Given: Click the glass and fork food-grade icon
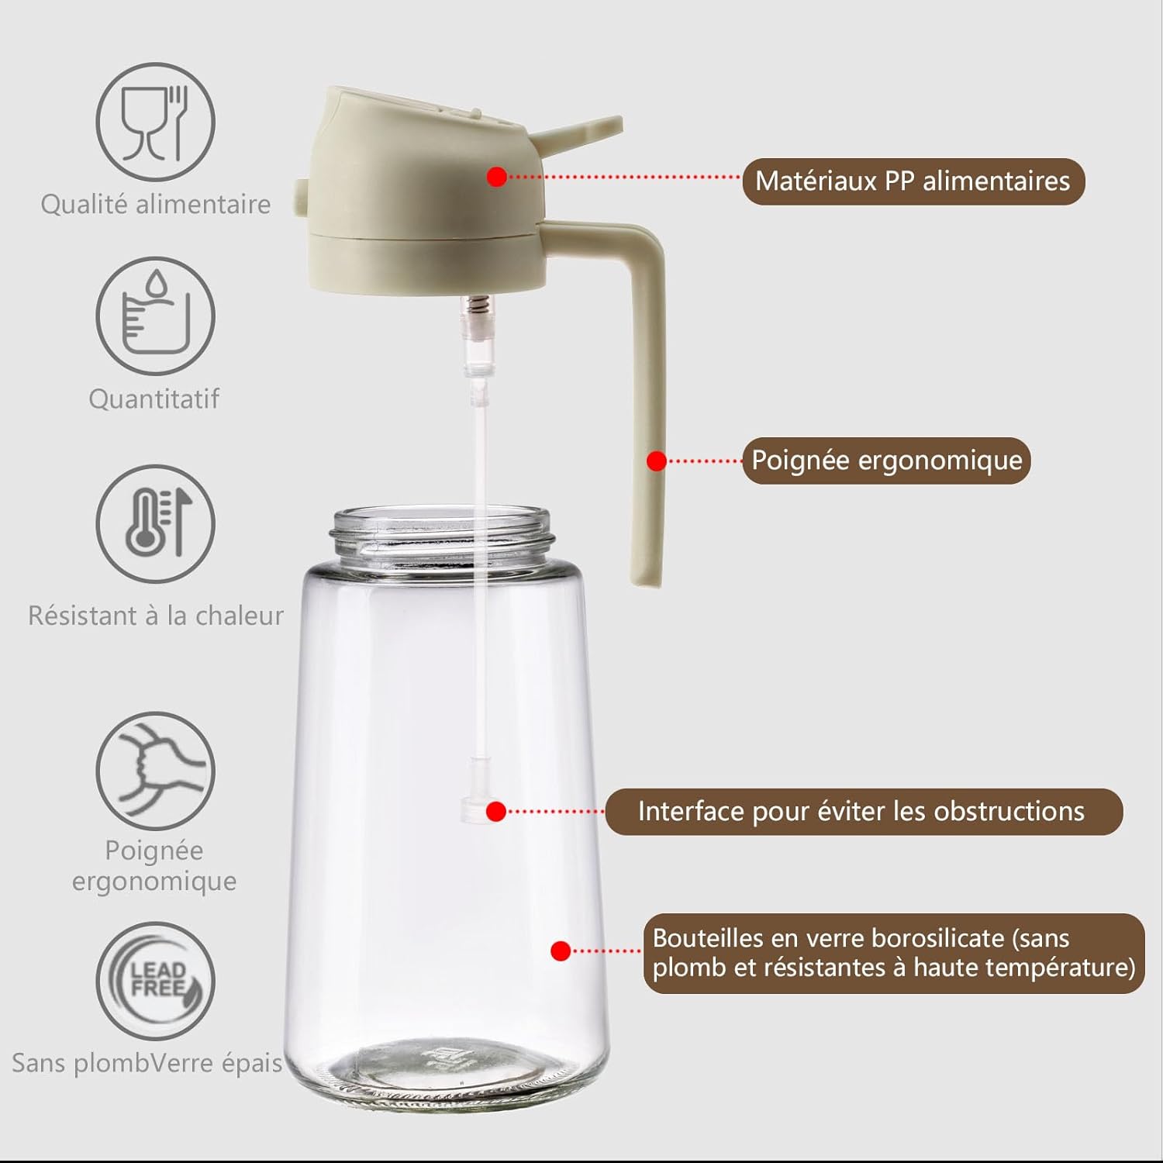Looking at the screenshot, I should tap(155, 123).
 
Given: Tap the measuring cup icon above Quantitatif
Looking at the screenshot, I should tap(155, 316).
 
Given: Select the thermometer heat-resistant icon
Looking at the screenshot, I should tap(155, 523).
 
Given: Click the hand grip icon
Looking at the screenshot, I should tap(155, 771).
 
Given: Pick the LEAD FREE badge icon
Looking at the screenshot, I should tap(155, 980).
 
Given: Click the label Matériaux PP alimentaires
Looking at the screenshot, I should tap(913, 181).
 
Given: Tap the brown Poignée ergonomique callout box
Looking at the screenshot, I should tap(886, 461).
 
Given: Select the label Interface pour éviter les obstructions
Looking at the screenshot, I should tap(862, 812).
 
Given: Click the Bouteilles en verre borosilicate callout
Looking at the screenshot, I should tap(893, 953).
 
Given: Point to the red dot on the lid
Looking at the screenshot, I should tap(497, 177).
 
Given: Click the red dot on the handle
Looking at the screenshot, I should tap(657, 461).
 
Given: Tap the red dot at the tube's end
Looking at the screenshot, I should tap(496, 812).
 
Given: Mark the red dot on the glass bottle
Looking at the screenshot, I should tap(561, 951).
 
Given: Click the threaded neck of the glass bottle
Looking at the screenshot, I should tap(442, 535).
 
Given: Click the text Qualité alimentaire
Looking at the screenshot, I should tap(155, 205).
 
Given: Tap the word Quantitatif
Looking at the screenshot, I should tap(154, 399).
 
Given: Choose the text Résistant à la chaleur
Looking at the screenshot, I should tap(155, 616).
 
